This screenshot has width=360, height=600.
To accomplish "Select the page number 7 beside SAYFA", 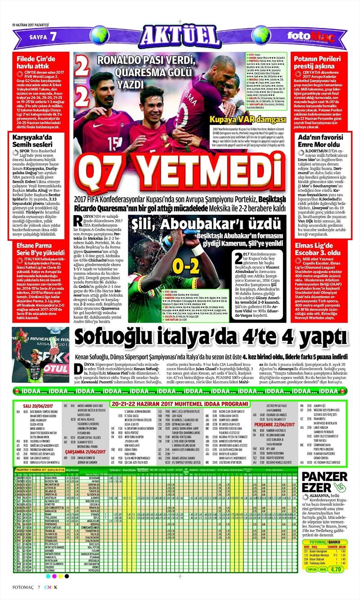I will tap(53, 36).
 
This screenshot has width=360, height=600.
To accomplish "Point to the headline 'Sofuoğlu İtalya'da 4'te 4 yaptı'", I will tap(211, 336).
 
